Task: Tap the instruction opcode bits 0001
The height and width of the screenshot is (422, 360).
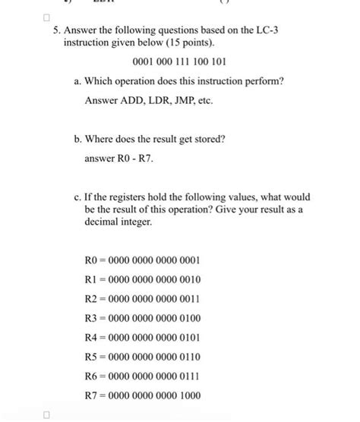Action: coord(144,61)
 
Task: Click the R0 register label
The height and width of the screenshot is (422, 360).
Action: coord(93,260)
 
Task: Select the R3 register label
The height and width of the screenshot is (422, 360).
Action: coord(93,318)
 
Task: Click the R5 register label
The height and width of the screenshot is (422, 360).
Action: coord(93,357)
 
